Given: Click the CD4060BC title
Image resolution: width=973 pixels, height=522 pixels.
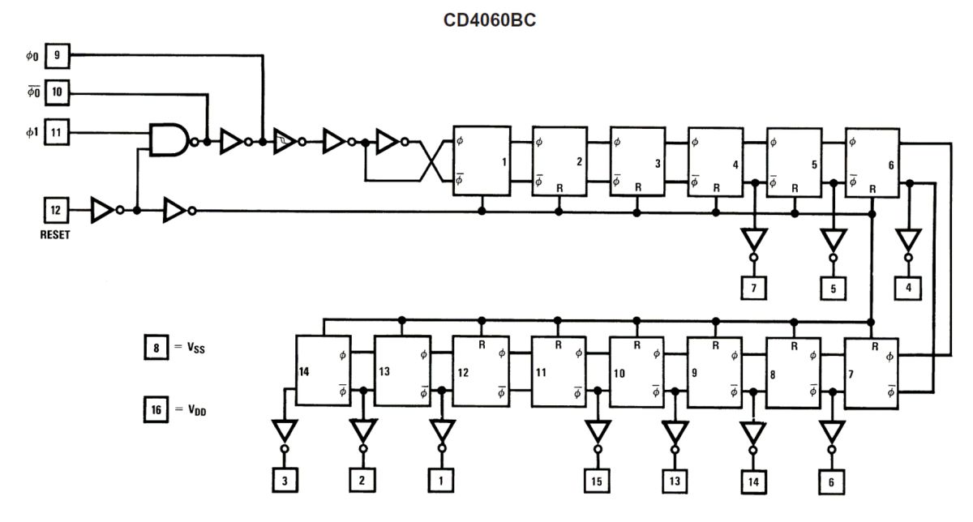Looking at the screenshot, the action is pyautogui.click(x=490, y=20).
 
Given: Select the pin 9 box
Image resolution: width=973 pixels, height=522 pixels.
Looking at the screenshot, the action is pyautogui.click(x=58, y=56).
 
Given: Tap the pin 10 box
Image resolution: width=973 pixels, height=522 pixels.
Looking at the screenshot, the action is pyautogui.click(x=57, y=92).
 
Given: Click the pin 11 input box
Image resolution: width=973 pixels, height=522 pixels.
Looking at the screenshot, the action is pyautogui.click(x=57, y=132).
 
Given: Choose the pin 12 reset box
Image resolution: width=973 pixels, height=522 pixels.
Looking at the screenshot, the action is pyautogui.click(x=56, y=210).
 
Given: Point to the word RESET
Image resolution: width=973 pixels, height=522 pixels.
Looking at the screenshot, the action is pyautogui.click(x=55, y=235).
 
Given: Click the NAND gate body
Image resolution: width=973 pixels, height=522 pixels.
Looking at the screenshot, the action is pyautogui.click(x=169, y=139).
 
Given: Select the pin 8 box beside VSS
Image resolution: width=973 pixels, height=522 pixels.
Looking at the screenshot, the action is pyautogui.click(x=156, y=347).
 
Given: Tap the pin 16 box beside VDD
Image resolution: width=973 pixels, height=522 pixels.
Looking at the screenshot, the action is pyautogui.click(x=156, y=409).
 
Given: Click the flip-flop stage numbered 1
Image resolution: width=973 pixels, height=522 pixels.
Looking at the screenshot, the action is pyautogui.click(x=482, y=160).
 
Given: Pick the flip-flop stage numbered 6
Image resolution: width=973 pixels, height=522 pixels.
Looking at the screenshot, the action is pyautogui.click(x=872, y=163).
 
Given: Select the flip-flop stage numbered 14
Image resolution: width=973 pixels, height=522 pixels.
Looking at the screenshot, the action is pyautogui.click(x=324, y=370).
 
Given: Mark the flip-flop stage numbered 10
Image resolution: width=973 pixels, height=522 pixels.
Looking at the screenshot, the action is pyautogui.click(x=637, y=372).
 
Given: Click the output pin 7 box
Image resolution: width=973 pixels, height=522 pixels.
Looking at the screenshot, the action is pyautogui.click(x=753, y=288).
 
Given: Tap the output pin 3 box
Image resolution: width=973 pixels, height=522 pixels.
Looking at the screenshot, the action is pyautogui.click(x=285, y=481).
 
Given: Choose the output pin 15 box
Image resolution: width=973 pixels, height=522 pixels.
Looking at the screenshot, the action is pyautogui.click(x=597, y=481).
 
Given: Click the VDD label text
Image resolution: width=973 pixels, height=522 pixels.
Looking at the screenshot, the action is pyautogui.click(x=197, y=410).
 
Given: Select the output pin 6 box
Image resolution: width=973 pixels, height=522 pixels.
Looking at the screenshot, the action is pyautogui.click(x=831, y=482).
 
